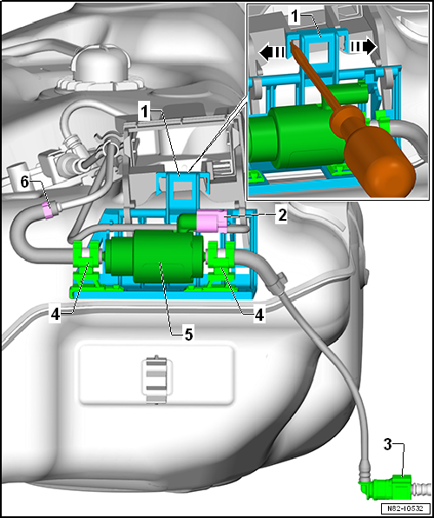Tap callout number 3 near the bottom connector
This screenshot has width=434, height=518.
[x=388, y=445]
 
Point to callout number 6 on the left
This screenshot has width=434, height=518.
[x=26, y=183]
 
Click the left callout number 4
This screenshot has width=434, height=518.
[x=56, y=314]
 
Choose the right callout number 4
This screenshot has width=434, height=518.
[x=258, y=315]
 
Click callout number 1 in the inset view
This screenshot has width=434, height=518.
[x=294, y=17]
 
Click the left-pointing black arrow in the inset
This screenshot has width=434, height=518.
[x=272, y=52]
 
